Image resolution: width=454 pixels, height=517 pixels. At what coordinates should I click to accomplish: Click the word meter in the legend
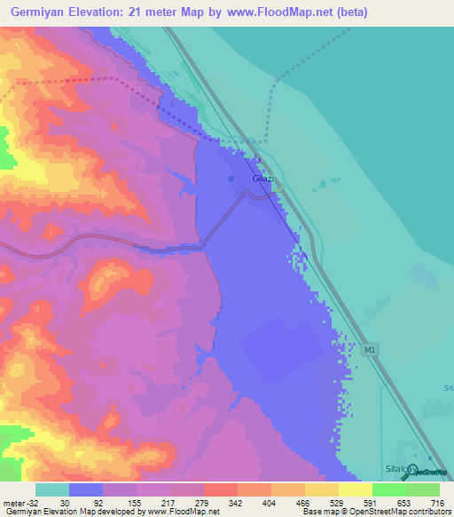point(12,502)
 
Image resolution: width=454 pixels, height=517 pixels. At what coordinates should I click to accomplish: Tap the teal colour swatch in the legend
point(52,489)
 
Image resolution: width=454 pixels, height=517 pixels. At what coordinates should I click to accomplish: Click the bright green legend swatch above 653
point(389,489)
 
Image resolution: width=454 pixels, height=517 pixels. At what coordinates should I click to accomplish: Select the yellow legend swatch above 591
point(356,489)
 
